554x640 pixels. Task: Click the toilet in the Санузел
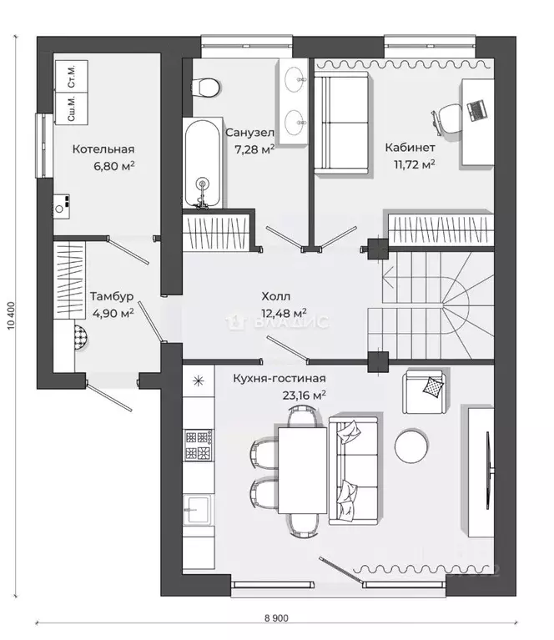coord(205,87)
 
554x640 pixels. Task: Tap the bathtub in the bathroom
coord(202,164)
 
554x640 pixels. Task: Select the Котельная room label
coord(103,149)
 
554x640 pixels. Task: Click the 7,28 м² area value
coord(254,149)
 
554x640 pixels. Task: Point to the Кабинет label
coord(410,147)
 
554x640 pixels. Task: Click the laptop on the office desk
coord(477,110)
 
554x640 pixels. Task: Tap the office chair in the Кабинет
coord(446,118)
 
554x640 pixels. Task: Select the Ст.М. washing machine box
coord(72,76)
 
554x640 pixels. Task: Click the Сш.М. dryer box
coord(72,108)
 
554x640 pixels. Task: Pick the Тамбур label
coord(112,296)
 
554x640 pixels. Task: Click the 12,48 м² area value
coord(285,313)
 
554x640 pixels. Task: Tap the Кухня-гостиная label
coord(280,378)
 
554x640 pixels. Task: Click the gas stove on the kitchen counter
coord(199,445)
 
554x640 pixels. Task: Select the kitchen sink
coord(197,509)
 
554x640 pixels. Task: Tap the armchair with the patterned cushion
coord(425,392)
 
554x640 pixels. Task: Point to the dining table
coord(303,471)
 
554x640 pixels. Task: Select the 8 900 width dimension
coord(276,618)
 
